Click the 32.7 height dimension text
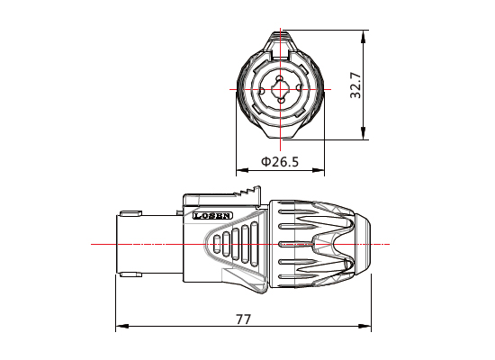click(x=356, y=85)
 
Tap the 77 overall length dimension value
click(x=243, y=319)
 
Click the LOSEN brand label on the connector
click(x=213, y=216)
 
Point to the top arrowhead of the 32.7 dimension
click(x=364, y=36)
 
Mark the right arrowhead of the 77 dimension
click(x=370, y=328)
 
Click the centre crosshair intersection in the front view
click(x=279, y=91)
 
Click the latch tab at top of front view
click(x=279, y=40)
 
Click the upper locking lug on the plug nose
click(x=130, y=214)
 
